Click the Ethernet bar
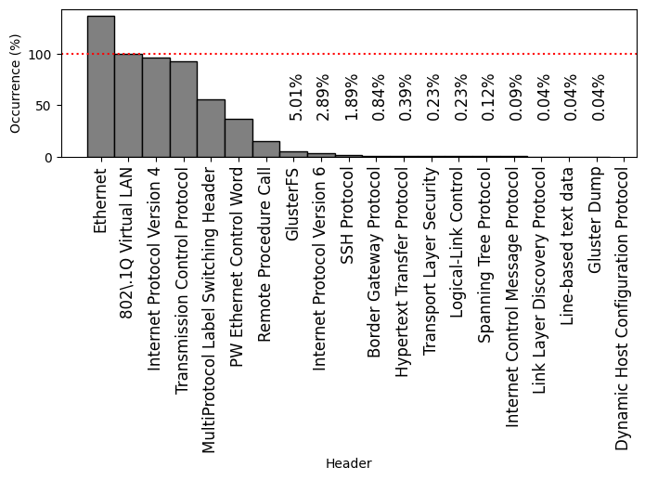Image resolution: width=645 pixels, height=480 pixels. point(100,86)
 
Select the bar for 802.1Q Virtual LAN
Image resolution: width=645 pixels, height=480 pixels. point(128,106)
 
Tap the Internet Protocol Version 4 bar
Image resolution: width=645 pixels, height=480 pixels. point(156,108)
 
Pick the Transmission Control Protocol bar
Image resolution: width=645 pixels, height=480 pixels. point(183,110)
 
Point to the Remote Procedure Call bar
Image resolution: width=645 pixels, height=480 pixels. point(265,149)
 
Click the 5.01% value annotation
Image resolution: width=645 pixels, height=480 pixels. point(296,97)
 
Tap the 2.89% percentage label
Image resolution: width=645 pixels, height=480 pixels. point(323,97)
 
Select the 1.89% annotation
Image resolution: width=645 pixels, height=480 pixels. point(351,97)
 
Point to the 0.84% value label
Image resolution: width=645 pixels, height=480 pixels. point(379,97)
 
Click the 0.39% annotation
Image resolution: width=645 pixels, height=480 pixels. point(406,97)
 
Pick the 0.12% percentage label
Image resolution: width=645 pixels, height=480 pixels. point(488,97)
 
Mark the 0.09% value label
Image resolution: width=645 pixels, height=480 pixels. point(516,97)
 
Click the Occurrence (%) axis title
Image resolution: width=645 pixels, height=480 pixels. point(15,84)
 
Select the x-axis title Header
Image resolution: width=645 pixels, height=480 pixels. point(348,463)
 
